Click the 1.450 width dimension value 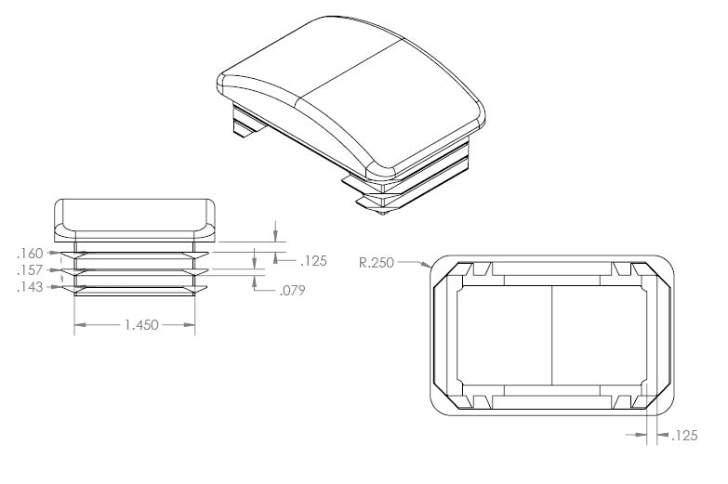click(x=141, y=325)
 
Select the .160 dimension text click(x=30, y=254)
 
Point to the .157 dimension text click(x=30, y=270)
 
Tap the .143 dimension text click(x=30, y=287)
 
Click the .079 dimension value click(x=293, y=291)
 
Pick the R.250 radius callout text click(x=377, y=263)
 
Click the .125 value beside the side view click(x=314, y=261)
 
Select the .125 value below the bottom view click(x=685, y=436)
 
